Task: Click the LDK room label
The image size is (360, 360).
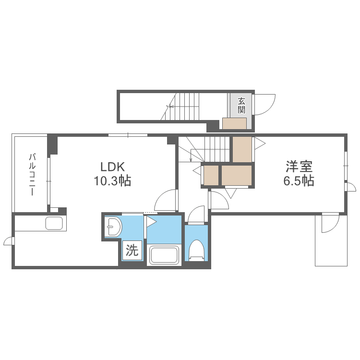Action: pyautogui.click(x=112, y=167)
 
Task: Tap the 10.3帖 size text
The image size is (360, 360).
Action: pyautogui.click(x=112, y=181)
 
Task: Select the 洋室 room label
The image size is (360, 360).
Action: pyautogui.click(x=299, y=167)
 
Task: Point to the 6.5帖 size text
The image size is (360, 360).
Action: pyautogui.click(x=299, y=181)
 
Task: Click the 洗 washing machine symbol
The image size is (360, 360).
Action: pyautogui.click(x=132, y=250)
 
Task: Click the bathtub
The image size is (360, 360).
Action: pyautogui.click(x=164, y=254)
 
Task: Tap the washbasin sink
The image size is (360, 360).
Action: pyautogui.click(x=113, y=226)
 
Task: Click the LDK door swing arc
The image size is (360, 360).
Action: pyautogui.click(x=166, y=200)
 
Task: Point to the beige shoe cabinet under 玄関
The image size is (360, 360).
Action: pyautogui.click(x=234, y=123)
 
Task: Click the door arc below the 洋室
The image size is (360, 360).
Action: pyautogui.click(x=330, y=223)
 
